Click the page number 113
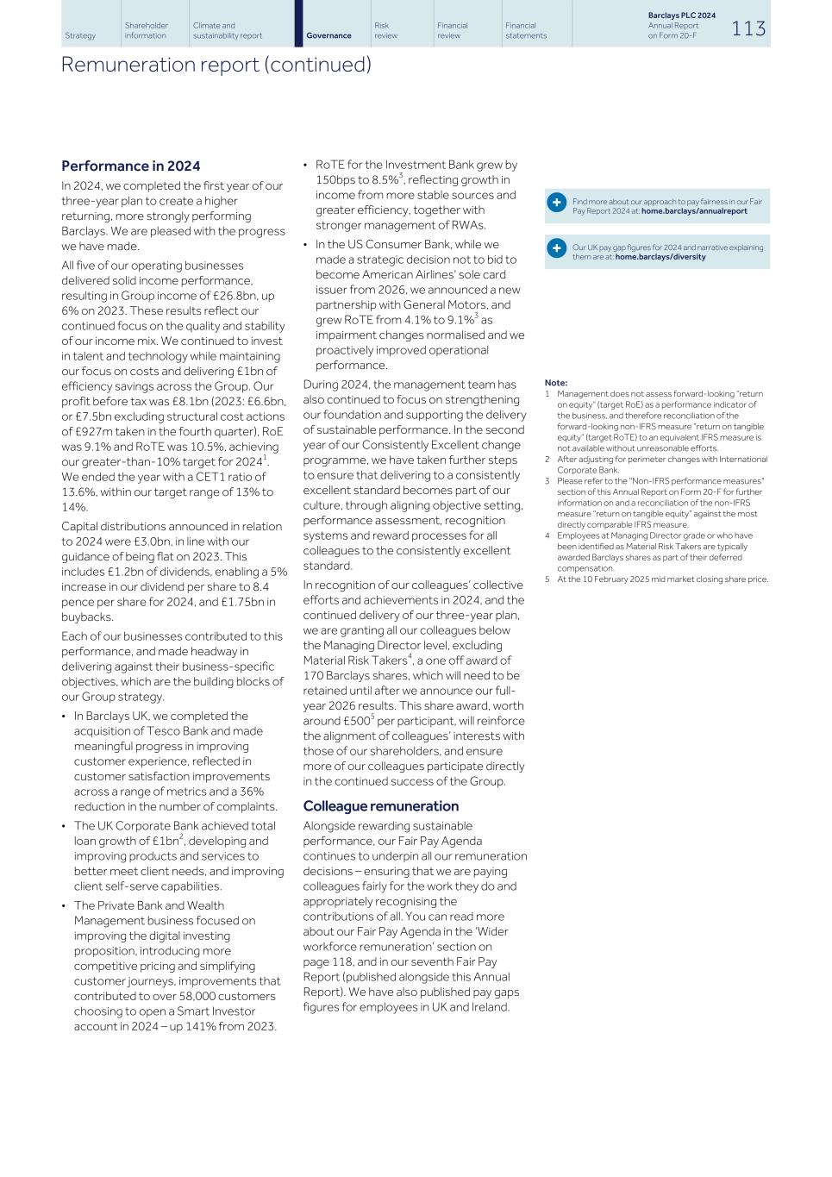748,28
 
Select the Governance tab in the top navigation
328,35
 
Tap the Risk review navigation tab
382,30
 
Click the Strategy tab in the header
80,35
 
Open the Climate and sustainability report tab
227,30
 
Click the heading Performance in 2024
130,166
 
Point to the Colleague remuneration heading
380,805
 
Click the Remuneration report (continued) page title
216,65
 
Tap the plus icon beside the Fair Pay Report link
557,203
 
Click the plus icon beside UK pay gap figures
557,248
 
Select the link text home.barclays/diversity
660,257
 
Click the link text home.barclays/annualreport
694,211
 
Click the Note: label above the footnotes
556,383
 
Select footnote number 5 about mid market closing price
547,579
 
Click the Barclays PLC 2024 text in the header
681,16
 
